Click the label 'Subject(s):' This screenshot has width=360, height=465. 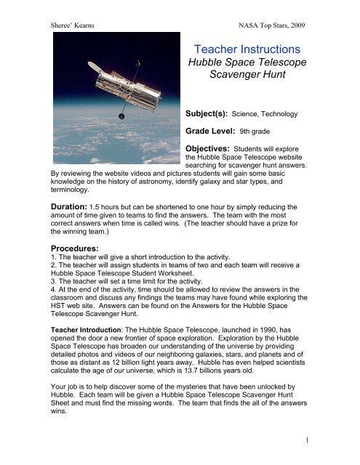(x=209, y=115)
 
